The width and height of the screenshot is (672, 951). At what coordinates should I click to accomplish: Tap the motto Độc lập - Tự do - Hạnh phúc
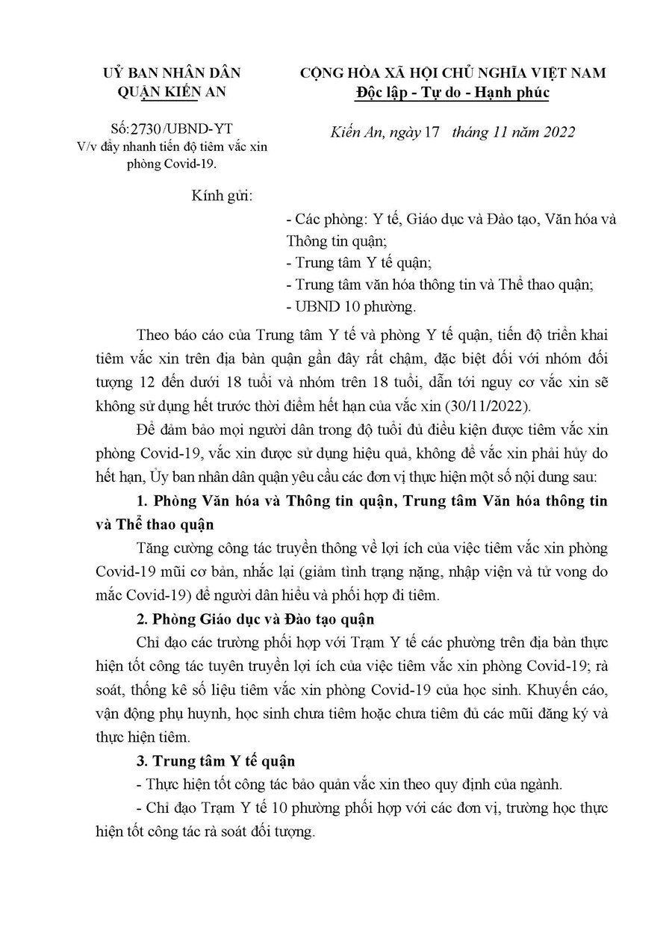(452, 93)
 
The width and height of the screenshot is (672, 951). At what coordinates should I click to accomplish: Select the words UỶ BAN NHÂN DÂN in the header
(172, 73)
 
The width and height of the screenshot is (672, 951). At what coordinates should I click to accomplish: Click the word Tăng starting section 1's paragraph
(154, 548)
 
